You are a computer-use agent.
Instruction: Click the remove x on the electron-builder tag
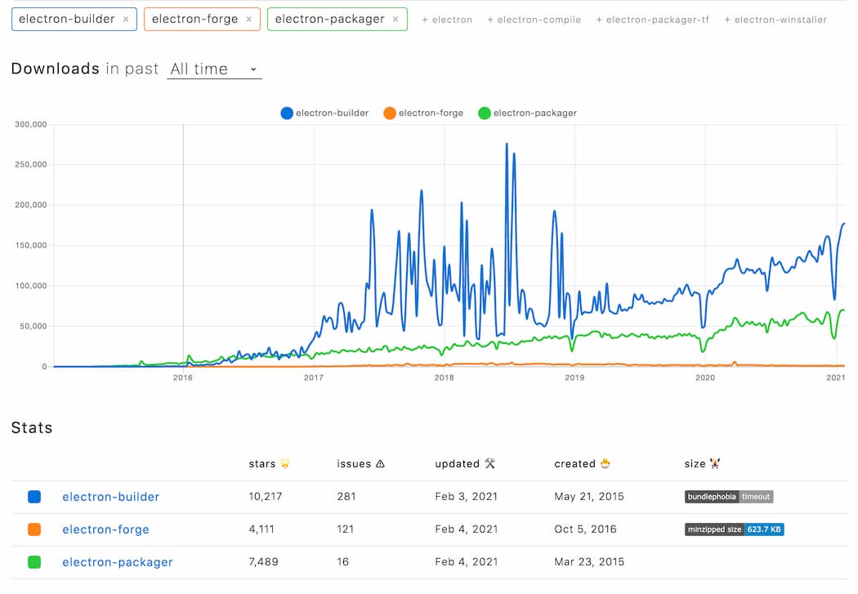(125, 19)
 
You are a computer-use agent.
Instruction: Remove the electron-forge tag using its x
(248, 19)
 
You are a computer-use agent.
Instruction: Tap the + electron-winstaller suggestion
(775, 20)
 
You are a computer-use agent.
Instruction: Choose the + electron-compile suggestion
(534, 20)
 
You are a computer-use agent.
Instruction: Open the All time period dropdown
(214, 69)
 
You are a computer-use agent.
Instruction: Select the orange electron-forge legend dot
(390, 113)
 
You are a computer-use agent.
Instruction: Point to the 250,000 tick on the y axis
(30, 164)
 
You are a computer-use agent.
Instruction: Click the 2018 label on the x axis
(444, 377)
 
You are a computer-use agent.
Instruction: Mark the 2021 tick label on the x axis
(835, 377)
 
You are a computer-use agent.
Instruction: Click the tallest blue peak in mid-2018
(507, 145)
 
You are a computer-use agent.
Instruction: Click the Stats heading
(32, 428)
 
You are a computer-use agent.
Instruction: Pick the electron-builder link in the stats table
(110, 497)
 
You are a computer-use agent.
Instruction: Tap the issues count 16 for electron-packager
(343, 562)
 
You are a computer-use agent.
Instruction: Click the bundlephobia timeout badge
(728, 497)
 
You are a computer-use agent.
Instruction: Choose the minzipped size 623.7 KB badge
(734, 529)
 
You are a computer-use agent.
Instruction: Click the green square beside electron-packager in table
(34, 562)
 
